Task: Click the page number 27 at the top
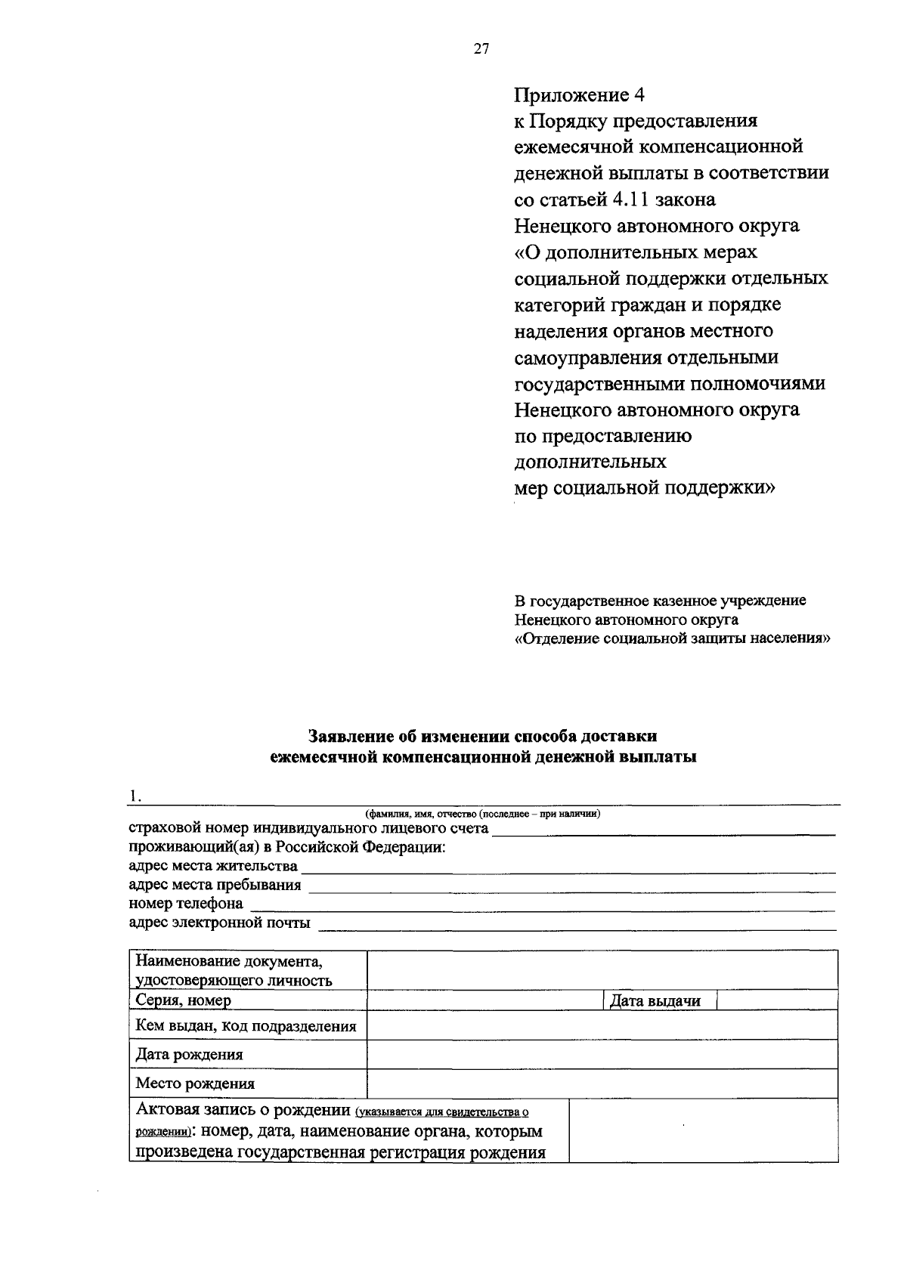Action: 481,49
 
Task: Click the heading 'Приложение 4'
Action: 580,95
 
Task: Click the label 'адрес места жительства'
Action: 213,866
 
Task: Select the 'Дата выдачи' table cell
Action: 655,1001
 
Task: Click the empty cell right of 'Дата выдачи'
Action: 776,1000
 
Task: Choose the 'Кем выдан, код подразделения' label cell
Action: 246,1026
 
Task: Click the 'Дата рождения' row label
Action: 189,1054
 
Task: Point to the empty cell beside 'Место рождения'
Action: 602,1083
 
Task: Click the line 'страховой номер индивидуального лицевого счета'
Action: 308,829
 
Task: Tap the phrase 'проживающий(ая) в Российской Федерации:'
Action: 287,847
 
